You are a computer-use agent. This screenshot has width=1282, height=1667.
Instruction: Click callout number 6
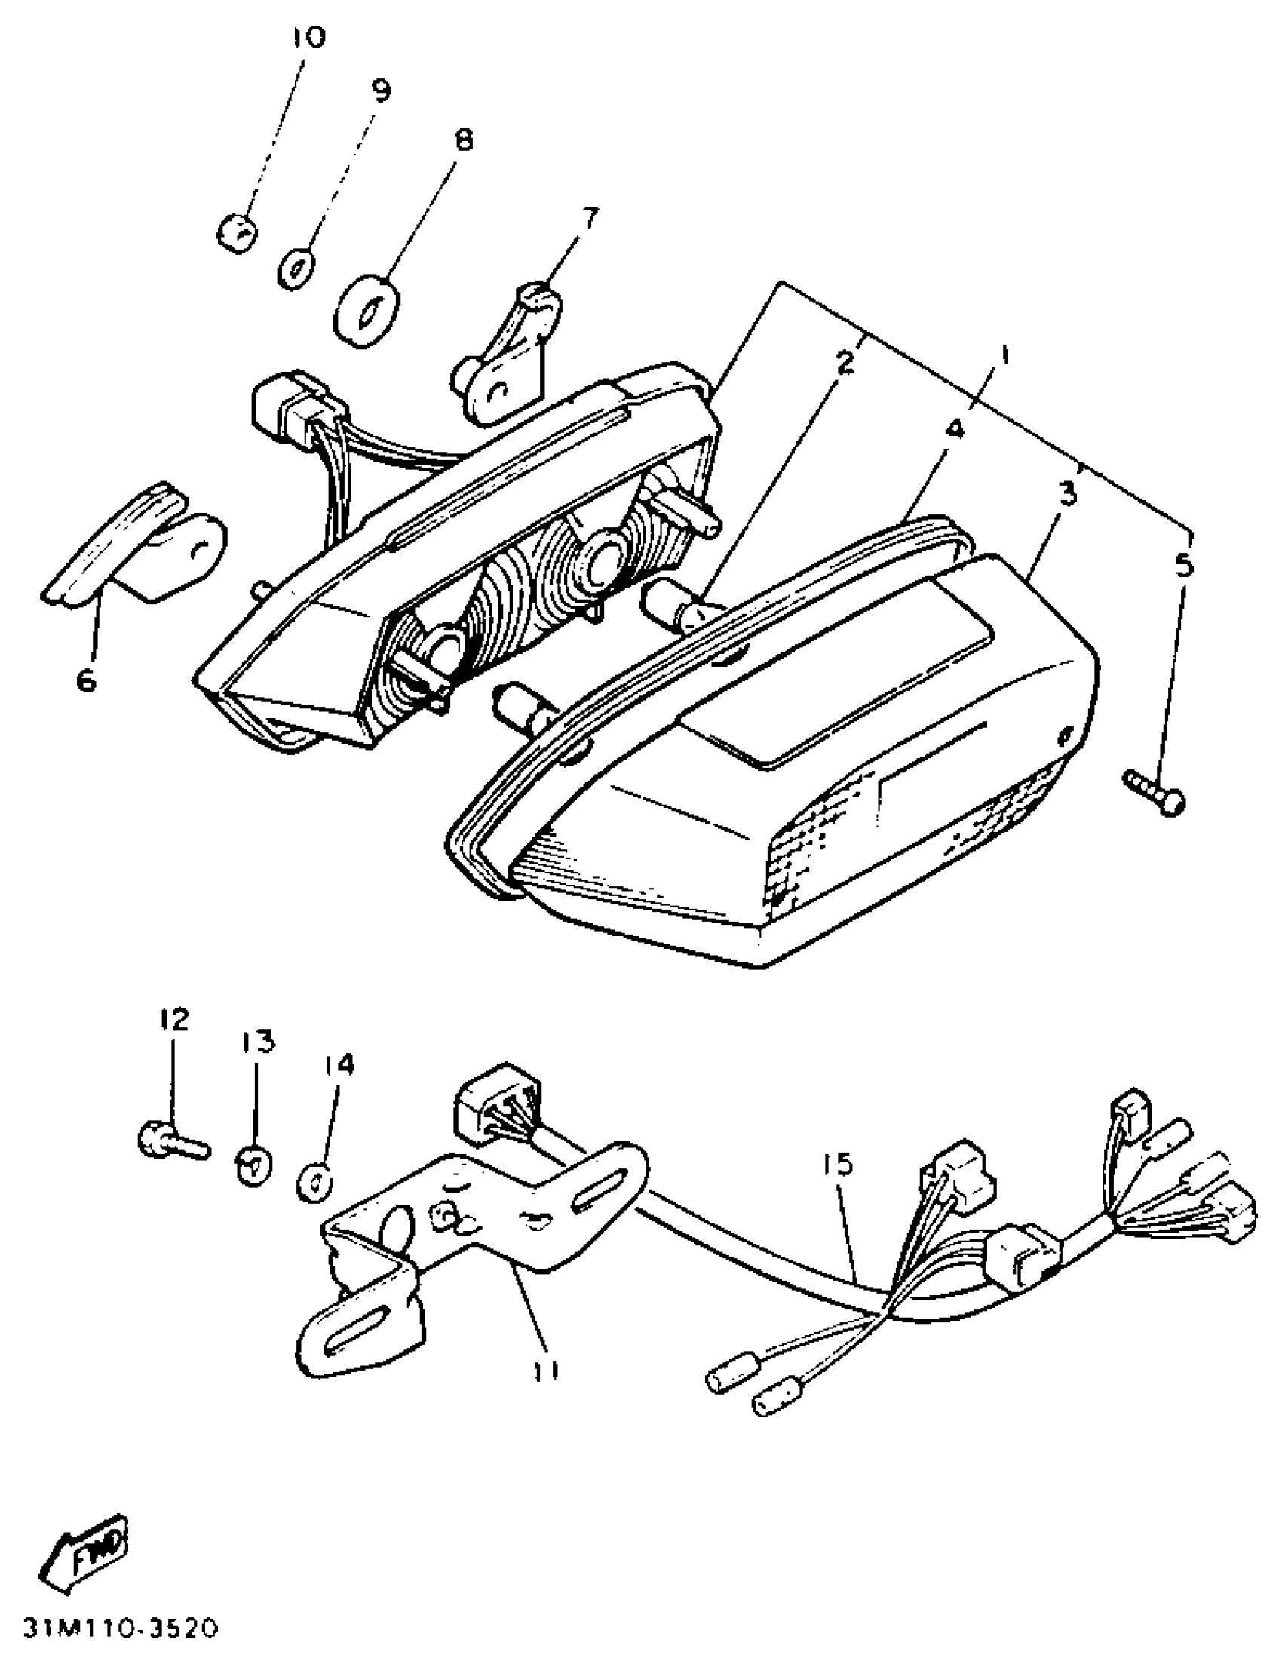pos(87,680)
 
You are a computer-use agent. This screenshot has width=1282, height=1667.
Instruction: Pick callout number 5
pos(1183,566)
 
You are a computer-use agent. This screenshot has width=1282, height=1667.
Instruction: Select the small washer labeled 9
pos(298,268)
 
